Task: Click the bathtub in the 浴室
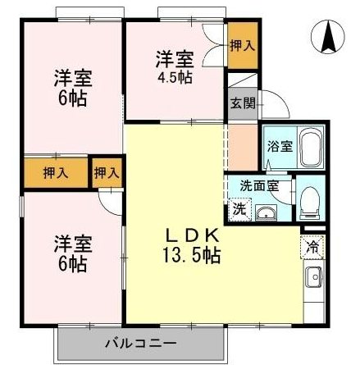(310, 148)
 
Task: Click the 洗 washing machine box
(239, 208)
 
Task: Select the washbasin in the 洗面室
(270, 213)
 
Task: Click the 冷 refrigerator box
(312, 245)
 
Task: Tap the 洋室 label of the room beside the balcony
(72, 244)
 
